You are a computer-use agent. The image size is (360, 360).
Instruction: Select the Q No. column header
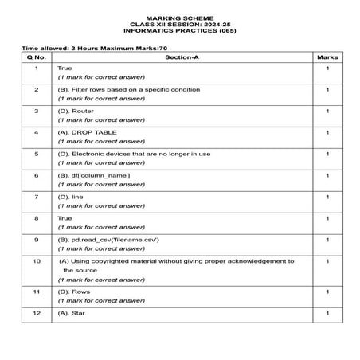tap(37, 58)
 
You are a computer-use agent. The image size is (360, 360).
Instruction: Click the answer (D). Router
tap(78, 111)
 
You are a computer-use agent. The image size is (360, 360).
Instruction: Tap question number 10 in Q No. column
tap(37, 260)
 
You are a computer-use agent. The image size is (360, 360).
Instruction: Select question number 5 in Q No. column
tap(37, 153)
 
